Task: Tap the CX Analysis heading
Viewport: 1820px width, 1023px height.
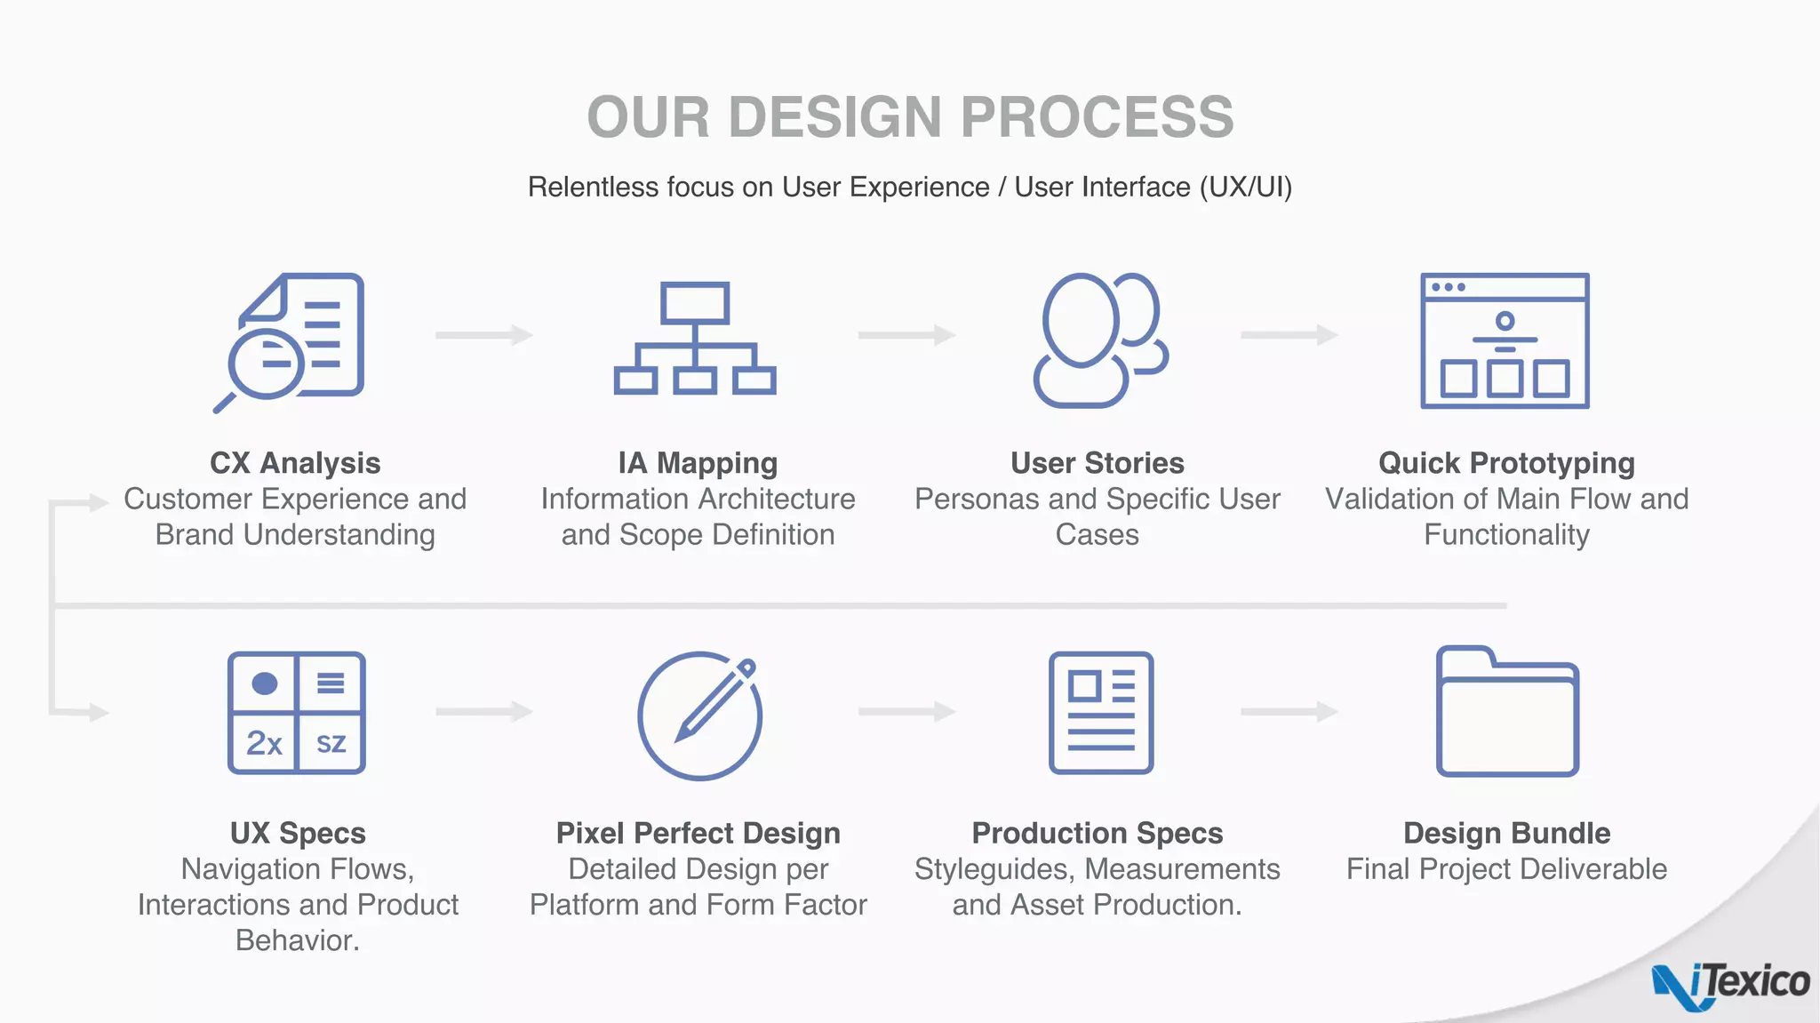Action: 295,463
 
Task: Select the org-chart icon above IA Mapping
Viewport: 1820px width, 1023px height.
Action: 695,339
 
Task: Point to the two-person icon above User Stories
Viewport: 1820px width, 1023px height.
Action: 1099,340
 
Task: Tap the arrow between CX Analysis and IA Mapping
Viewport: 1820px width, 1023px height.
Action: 483,335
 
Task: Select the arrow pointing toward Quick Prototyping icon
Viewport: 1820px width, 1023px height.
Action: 1289,335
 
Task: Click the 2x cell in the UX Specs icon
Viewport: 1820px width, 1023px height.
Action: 263,743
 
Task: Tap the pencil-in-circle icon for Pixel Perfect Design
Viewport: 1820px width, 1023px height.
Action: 700,715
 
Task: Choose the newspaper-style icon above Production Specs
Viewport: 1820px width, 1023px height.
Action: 1100,714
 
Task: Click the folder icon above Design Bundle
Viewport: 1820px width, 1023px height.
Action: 1506,713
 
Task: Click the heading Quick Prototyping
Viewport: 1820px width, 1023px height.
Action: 1506,463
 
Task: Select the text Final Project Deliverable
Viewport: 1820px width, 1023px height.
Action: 1506,869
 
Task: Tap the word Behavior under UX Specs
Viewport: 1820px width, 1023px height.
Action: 297,940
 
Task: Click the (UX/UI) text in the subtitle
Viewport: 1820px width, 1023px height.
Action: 1245,188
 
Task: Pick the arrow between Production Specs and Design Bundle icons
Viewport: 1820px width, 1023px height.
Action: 1289,712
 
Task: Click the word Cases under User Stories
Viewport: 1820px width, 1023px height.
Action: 1097,535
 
